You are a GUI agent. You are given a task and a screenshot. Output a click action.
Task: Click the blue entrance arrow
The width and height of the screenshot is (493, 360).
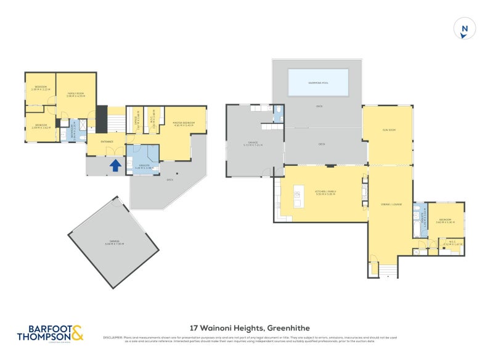pyautogui.click(x=115, y=165)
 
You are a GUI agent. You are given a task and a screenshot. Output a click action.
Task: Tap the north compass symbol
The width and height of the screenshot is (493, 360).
pyautogui.click(x=465, y=28)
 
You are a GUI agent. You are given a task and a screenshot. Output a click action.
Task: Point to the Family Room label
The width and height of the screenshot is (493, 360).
pyautogui.click(x=76, y=94)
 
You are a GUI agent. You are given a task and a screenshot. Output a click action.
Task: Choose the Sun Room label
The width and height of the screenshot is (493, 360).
pyautogui.click(x=389, y=131)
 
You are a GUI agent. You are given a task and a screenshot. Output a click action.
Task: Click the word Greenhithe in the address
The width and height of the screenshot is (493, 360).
pyautogui.click(x=286, y=329)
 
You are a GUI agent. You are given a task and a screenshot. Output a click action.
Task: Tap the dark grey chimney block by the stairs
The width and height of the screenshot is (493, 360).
pyautogui.click(x=102, y=116)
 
